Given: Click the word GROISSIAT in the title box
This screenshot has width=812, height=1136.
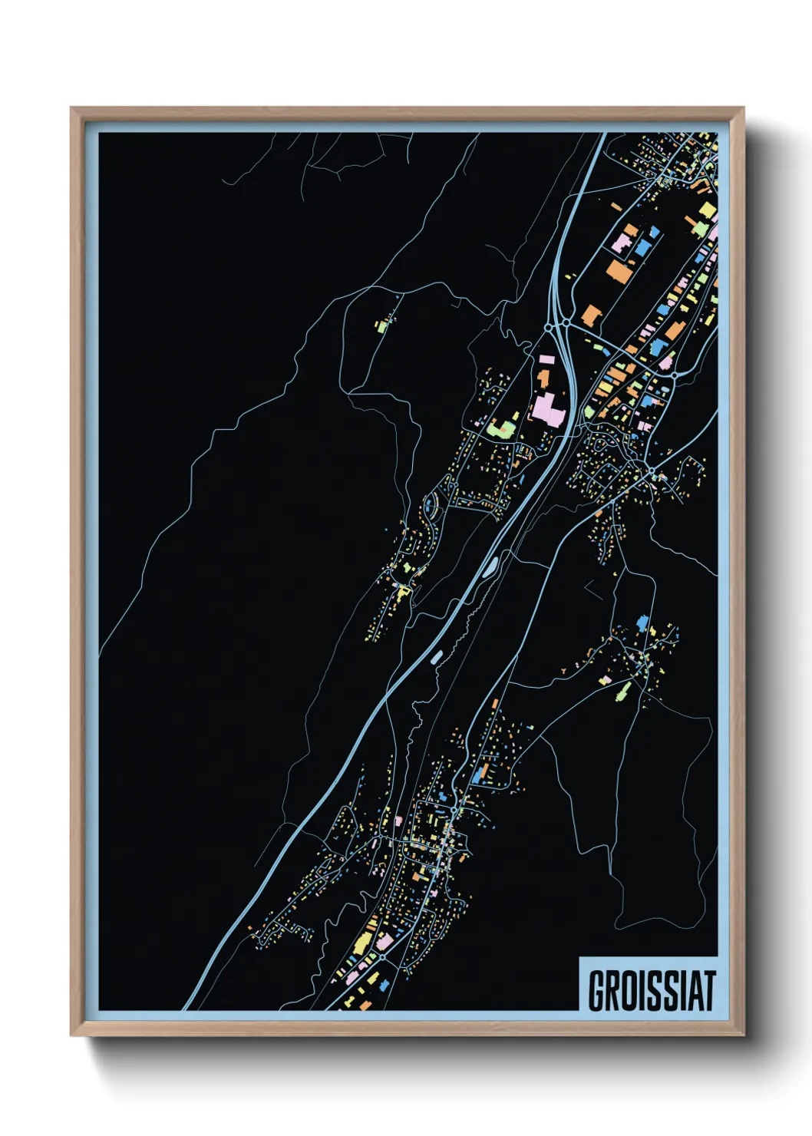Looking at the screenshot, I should tap(652, 990).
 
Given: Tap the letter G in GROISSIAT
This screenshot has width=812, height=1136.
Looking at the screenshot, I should tap(596, 990).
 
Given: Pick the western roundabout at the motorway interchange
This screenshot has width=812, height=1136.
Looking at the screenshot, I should tap(549, 328).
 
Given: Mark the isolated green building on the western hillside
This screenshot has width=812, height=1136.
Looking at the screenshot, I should tap(381, 325).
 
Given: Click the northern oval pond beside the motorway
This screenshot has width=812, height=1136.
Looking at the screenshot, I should tap(488, 567).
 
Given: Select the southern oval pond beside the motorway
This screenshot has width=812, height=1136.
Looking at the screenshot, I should tap(437, 656).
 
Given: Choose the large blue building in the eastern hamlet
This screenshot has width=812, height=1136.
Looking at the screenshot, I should tap(643, 622).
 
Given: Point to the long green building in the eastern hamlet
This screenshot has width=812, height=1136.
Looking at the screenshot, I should tap(623, 691).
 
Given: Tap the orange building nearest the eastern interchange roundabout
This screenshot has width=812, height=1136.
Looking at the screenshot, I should tap(591, 315).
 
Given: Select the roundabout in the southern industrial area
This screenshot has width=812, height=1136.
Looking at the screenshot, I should tap(381, 958).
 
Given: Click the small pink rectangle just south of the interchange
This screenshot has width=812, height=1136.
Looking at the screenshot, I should tap(547, 359).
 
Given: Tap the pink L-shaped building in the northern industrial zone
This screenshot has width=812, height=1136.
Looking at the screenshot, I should tap(622, 244).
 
